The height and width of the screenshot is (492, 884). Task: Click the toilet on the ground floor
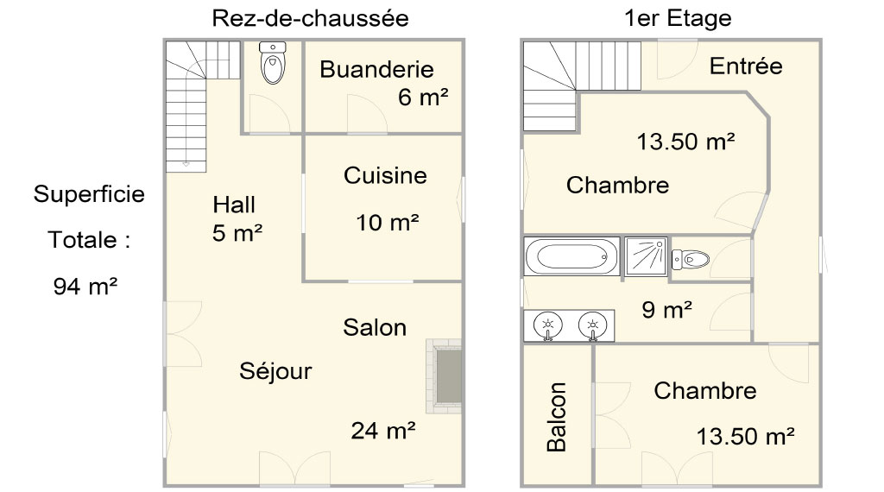click(273, 62)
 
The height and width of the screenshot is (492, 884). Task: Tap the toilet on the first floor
click(690, 259)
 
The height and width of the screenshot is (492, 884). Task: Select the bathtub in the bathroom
click(571, 256)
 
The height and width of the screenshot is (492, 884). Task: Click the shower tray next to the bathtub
click(646, 256)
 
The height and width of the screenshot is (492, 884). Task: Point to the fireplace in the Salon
click(445, 375)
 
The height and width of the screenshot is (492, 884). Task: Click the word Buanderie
click(376, 69)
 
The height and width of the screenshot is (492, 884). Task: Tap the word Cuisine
click(385, 175)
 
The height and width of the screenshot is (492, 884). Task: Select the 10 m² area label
click(388, 223)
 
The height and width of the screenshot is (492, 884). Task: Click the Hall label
click(234, 204)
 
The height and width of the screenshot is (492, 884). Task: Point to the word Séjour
click(275, 371)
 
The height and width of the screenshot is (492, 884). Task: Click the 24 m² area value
click(383, 431)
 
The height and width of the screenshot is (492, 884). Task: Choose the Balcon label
click(557, 417)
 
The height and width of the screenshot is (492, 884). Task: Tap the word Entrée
click(746, 66)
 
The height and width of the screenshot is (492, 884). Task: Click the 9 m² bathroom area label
click(667, 309)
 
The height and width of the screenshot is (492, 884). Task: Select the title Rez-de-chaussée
click(310, 18)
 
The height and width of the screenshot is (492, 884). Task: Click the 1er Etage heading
click(678, 18)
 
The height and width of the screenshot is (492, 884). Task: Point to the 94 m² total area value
click(85, 287)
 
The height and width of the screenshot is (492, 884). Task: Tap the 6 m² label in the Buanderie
click(423, 97)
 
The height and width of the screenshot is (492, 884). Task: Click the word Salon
click(375, 327)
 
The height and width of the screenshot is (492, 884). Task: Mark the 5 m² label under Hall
click(237, 233)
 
